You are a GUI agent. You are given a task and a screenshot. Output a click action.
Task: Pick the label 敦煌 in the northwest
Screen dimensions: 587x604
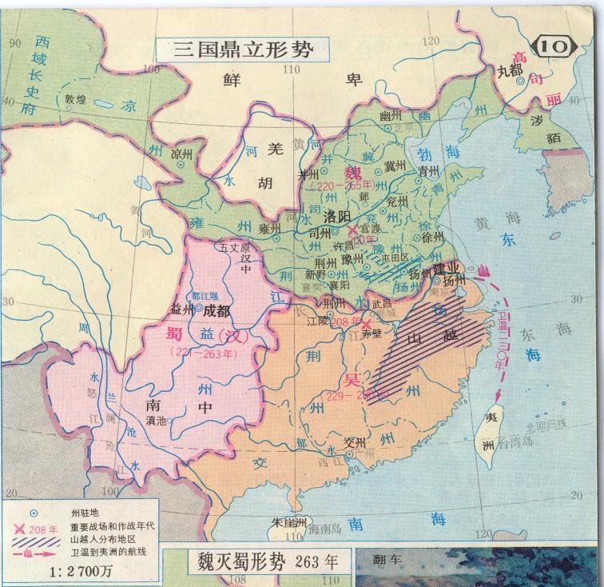(77, 102)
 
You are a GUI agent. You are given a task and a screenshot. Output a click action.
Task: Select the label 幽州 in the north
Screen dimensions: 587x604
(390, 117)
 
